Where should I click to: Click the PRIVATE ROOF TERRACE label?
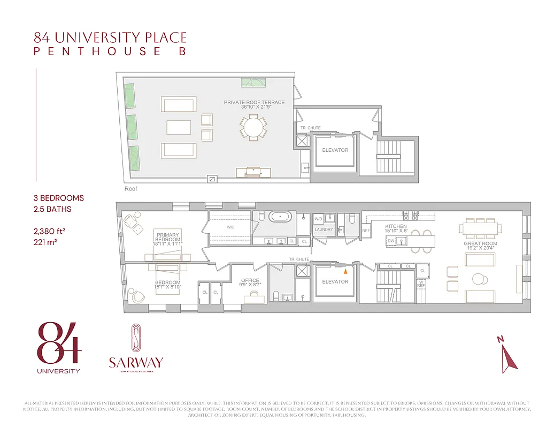pyautogui.click(x=254, y=102)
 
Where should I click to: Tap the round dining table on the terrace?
pyautogui.click(x=253, y=127)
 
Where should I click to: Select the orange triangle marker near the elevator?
pyautogui.click(x=345, y=271)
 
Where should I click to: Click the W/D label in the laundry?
pyautogui.click(x=318, y=219)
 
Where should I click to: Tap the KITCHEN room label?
pyautogui.click(x=396, y=226)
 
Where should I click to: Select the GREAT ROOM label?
pyautogui.click(x=480, y=243)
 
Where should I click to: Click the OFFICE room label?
pyautogui.click(x=250, y=280)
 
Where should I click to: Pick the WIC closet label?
pyautogui.click(x=230, y=227)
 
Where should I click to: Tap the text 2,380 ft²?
pyautogui.click(x=50, y=231)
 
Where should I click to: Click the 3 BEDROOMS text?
pyautogui.click(x=58, y=198)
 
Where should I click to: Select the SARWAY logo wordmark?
pyautogui.click(x=135, y=362)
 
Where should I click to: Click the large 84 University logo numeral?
pyautogui.click(x=59, y=343)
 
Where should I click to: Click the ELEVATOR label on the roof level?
pyautogui.click(x=335, y=150)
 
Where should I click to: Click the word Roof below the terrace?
pyautogui.click(x=131, y=189)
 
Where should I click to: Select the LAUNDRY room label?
pyautogui.click(x=324, y=230)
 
